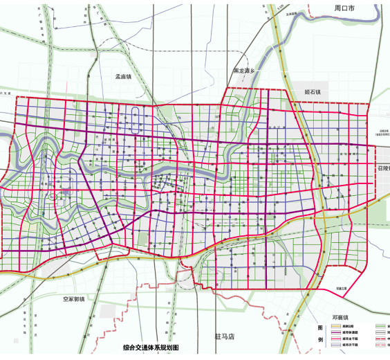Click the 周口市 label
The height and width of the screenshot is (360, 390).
[344, 9]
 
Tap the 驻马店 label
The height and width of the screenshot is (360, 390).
[225, 336]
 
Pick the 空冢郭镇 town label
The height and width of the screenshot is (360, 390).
[73, 299]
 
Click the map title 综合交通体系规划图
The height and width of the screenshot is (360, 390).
[151, 348]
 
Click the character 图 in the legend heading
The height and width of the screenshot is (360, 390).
[319, 327]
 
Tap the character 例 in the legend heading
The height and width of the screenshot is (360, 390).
[319, 341]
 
